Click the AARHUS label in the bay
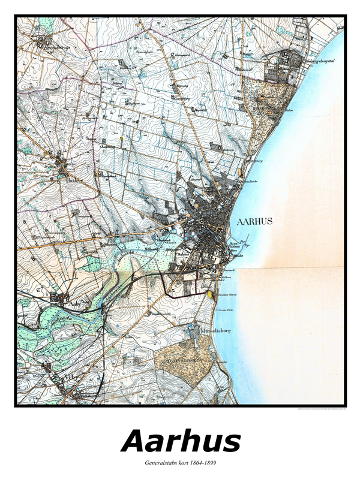tap(254, 221)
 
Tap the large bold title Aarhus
tap(181, 442)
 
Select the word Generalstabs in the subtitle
tap(162, 463)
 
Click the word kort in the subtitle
tap(184, 463)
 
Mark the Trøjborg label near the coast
tap(257, 161)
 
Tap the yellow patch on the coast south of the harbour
tap(209, 294)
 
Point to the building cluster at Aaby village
tap(58, 297)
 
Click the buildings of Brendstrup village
tap(42, 42)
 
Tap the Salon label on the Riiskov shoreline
tap(289, 110)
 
